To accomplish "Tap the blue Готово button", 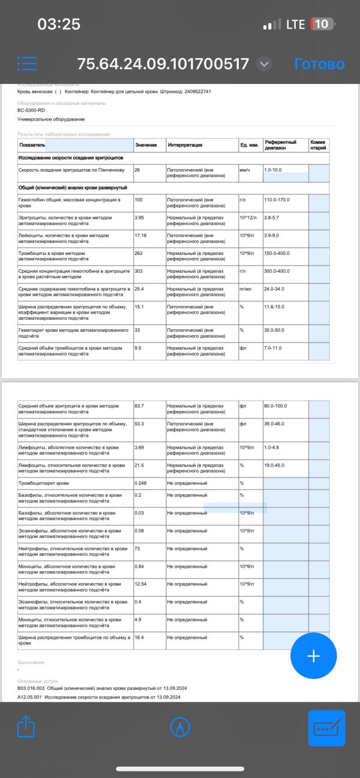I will pyautogui.click(x=319, y=64).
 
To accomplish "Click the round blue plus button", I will pyautogui.click(x=313, y=656).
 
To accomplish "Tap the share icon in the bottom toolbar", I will pyautogui.click(x=26, y=727).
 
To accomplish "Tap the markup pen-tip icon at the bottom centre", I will pyautogui.click(x=179, y=727).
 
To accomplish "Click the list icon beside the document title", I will pyautogui.click(x=28, y=64).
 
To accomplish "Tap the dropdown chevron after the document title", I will pyautogui.click(x=264, y=64).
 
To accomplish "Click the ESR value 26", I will pyautogui.click(x=138, y=170).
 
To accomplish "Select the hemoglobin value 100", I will pyautogui.click(x=139, y=199).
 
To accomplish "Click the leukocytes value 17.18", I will pyautogui.click(x=140, y=235).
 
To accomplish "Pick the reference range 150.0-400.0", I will pyautogui.click(x=277, y=253).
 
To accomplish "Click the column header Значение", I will pyautogui.click(x=146, y=145).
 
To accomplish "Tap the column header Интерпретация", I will pyautogui.click(x=185, y=145).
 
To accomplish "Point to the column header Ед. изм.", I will pyautogui.click(x=249, y=145).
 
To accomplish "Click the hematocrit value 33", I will pyautogui.click(x=138, y=330).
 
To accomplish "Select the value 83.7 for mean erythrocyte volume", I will pyautogui.click(x=139, y=406).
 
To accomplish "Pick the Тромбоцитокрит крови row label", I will pyautogui.click(x=44, y=483).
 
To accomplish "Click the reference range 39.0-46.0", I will pyautogui.click(x=275, y=424).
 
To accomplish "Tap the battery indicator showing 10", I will pyautogui.click(x=320, y=25).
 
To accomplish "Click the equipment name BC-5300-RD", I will pyautogui.click(x=31, y=110).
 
